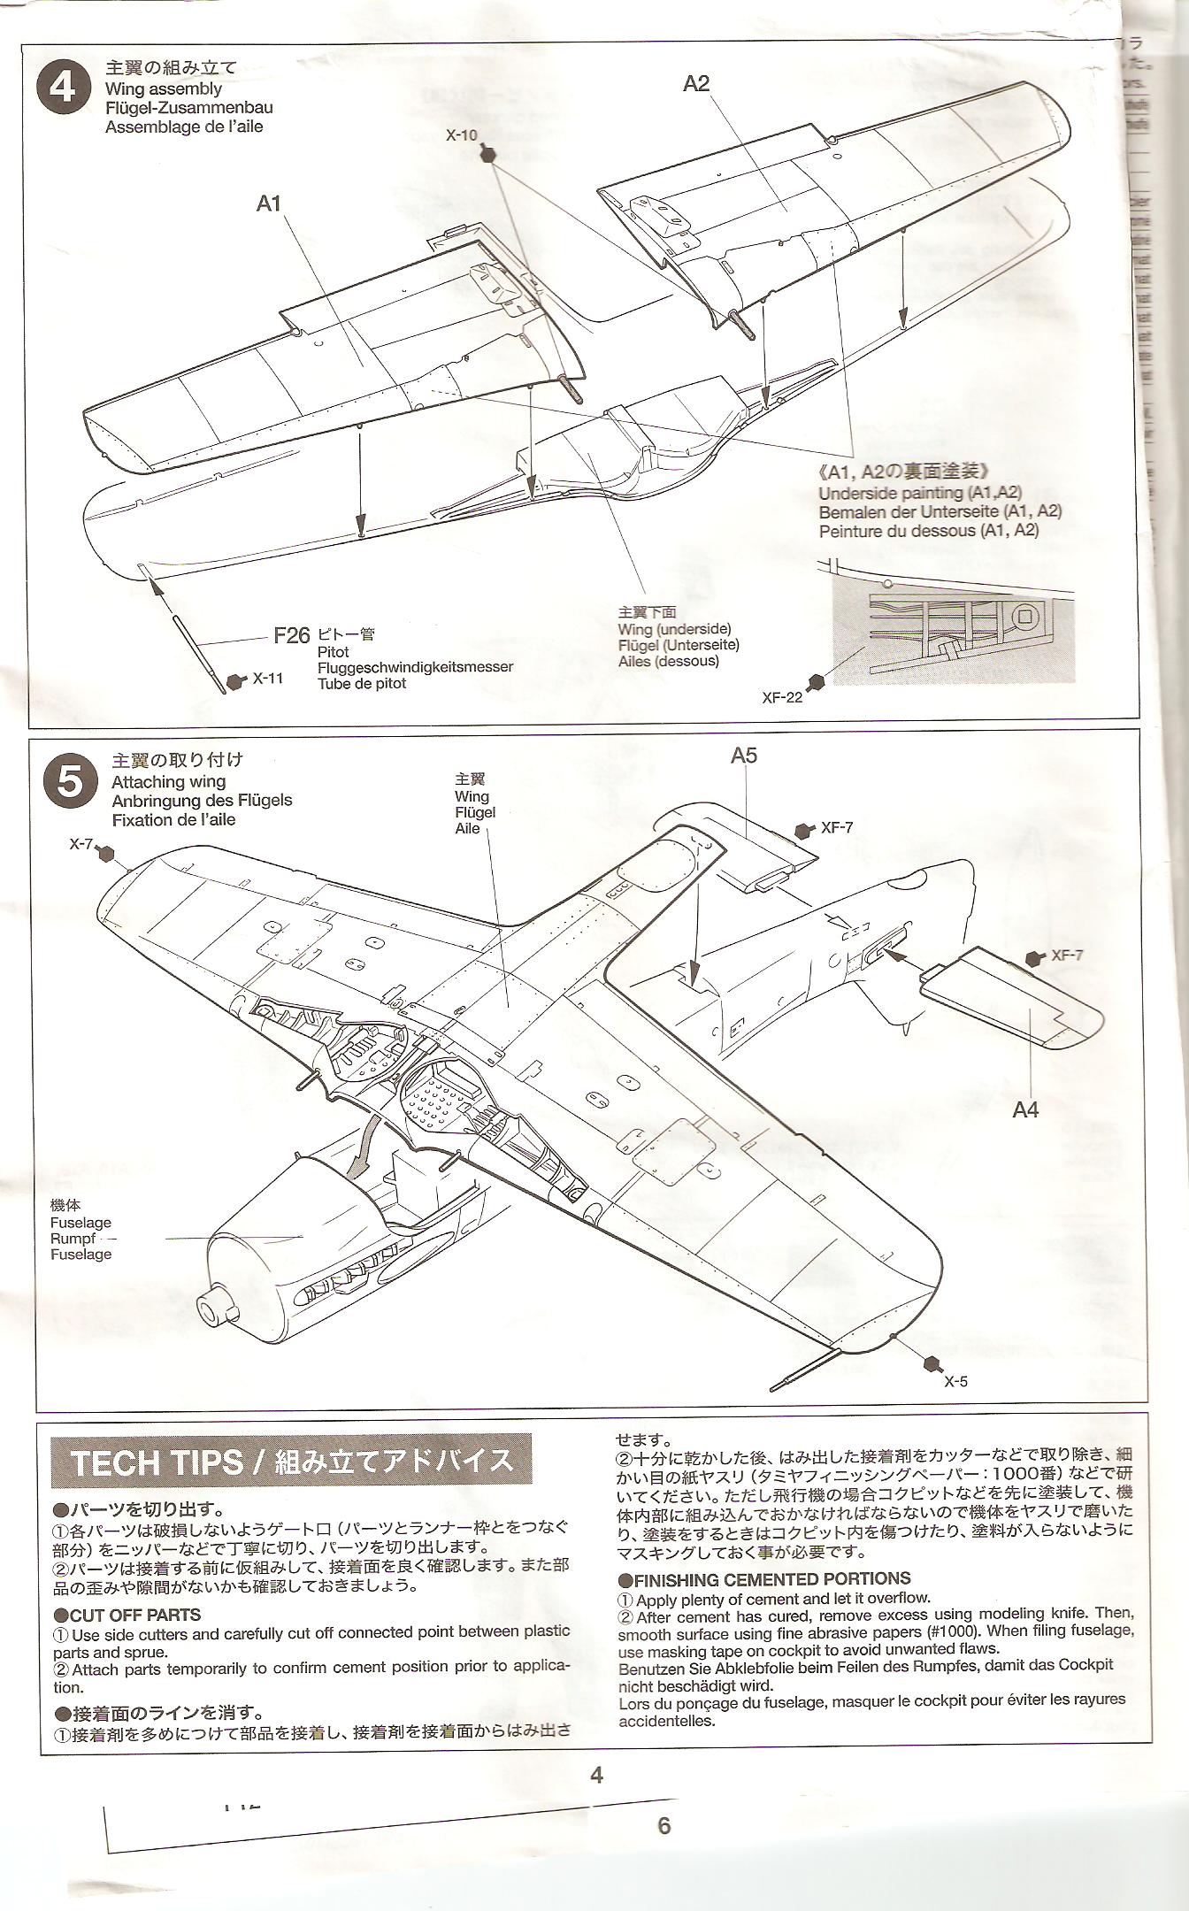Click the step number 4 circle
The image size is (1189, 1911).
pyautogui.click(x=64, y=88)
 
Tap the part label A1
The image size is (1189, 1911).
pyautogui.click(x=269, y=203)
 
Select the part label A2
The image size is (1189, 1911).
pyautogui.click(x=696, y=84)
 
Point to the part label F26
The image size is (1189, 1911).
pyautogui.click(x=291, y=635)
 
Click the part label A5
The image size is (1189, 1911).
pyautogui.click(x=744, y=755)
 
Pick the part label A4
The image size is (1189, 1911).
pyautogui.click(x=1025, y=1109)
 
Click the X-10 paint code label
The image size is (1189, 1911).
pyautogui.click(x=461, y=135)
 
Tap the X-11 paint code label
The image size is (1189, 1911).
pyautogui.click(x=268, y=679)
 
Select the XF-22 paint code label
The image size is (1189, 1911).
pyautogui.click(x=782, y=697)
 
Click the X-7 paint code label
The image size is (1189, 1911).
pyautogui.click(x=81, y=845)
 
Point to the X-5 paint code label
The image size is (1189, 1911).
pyautogui.click(x=955, y=1381)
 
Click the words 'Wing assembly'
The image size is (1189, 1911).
pyautogui.click(x=164, y=88)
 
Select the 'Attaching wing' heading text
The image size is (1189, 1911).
pyautogui.click(x=169, y=782)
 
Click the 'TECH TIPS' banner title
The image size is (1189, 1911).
pyautogui.click(x=157, y=1462)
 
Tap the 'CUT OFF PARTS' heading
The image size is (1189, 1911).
pyautogui.click(x=134, y=1616)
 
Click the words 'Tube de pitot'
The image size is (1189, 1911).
pyautogui.click(x=363, y=683)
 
